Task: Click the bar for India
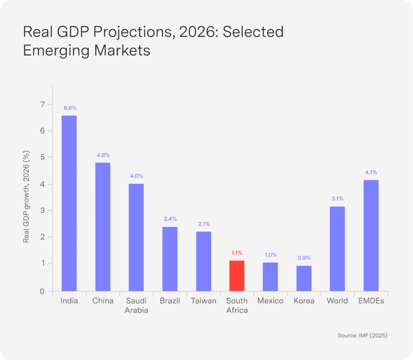69,203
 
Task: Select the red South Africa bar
237,276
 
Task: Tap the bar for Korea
304,278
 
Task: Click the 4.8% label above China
103,155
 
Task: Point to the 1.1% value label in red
237,253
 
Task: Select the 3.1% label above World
337,199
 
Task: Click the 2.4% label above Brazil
170,219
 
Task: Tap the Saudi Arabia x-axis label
136,306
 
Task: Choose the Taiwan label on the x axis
204,301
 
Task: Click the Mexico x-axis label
270,301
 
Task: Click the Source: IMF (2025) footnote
362,336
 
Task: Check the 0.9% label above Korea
304,258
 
